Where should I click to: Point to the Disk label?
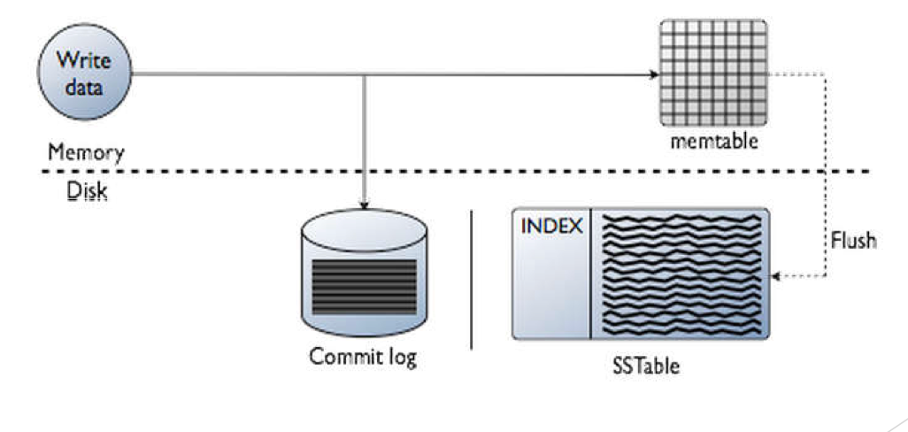tap(87, 191)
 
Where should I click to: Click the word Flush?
tap(853, 239)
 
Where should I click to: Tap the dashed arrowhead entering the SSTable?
tap(776, 276)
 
